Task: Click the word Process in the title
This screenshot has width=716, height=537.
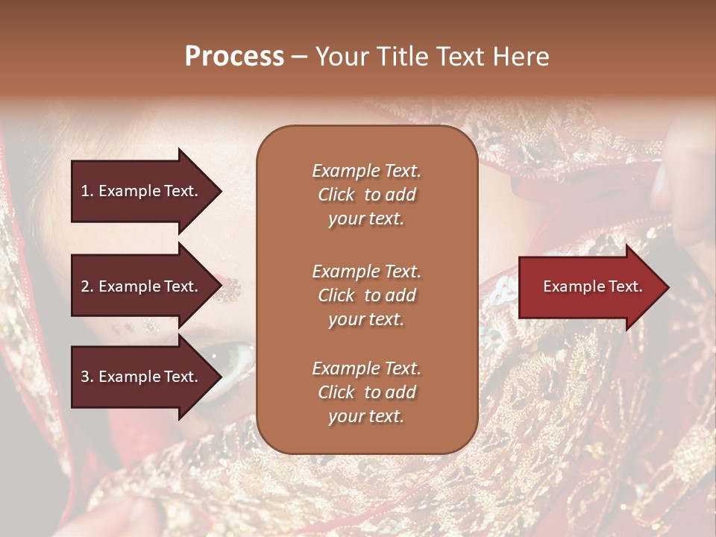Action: point(234,57)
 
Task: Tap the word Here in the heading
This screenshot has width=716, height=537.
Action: point(519,57)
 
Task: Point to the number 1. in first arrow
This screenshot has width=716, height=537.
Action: point(87,191)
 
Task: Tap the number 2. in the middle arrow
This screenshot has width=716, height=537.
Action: point(87,286)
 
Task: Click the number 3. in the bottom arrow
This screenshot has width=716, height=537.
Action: point(87,377)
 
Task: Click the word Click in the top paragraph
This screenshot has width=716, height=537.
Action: point(336,195)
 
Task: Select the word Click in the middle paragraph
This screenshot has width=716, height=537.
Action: point(336,296)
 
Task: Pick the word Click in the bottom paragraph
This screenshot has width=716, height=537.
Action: point(336,393)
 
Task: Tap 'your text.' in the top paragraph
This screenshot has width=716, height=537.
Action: point(365,219)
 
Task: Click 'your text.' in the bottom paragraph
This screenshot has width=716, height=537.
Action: point(365,417)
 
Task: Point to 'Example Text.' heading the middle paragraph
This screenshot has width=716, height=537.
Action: point(366,271)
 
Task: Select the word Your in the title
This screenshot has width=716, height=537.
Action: point(342,57)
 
